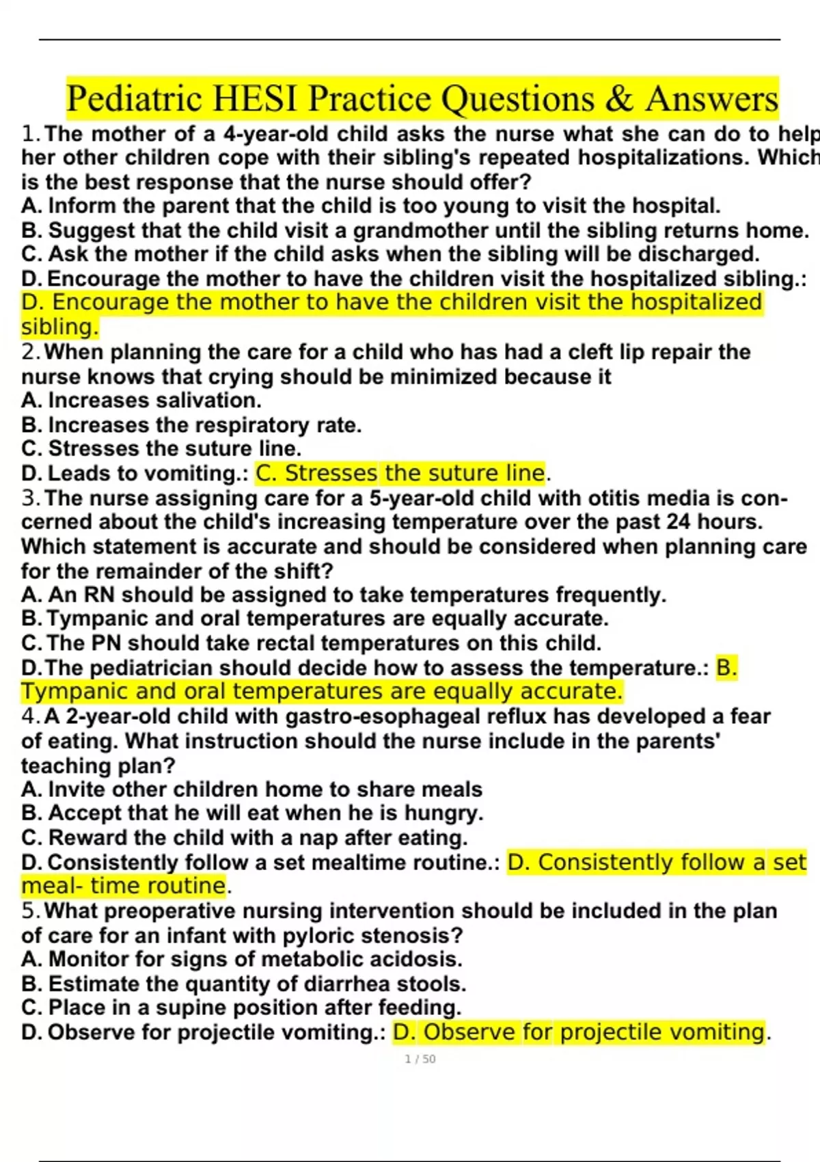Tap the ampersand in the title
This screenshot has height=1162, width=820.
[619, 99]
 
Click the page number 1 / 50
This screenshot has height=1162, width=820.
[420, 1059]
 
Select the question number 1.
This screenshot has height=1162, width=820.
[29, 134]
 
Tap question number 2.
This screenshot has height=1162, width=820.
[29, 353]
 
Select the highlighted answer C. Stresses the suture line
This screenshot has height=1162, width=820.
[401, 473]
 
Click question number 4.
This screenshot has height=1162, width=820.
[29, 717]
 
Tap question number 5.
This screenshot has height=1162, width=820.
[29, 911]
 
